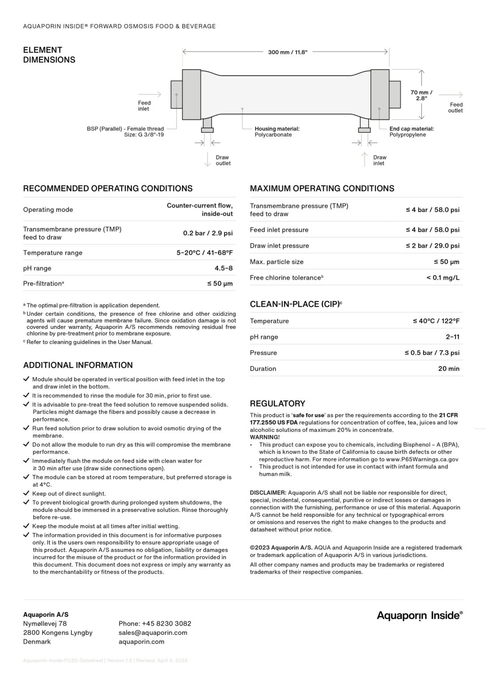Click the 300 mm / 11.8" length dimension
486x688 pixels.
point(287,52)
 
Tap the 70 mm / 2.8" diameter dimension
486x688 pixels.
point(421,95)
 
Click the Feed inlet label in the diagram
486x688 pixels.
point(144,106)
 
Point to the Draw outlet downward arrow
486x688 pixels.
point(207,159)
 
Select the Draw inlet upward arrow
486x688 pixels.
point(365,159)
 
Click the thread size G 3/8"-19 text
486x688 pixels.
point(144,134)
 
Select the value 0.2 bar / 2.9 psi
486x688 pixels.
point(208,233)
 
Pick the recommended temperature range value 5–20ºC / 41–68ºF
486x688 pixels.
point(205,253)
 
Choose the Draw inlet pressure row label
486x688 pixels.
point(279,245)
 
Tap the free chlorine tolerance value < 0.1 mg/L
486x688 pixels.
point(443,278)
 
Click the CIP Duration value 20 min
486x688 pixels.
point(448,369)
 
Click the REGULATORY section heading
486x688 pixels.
point(277,403)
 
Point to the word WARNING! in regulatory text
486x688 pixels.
point(264,437)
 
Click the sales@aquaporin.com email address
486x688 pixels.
point(153,632)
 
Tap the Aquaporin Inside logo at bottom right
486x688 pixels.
point(419,615)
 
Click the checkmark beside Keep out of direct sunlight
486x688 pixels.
point(26,493)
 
